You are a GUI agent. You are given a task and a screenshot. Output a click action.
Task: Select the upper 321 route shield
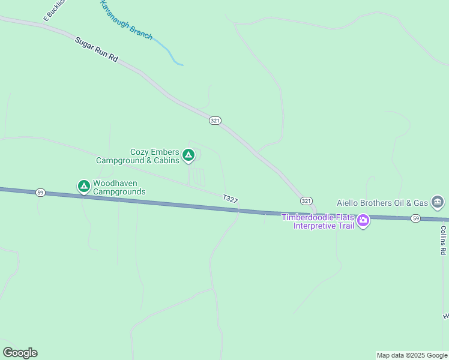(215, 121)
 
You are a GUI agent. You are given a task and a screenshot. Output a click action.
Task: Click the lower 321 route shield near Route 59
(306, 200)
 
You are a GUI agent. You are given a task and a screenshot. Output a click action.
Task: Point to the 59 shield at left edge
(40, 193)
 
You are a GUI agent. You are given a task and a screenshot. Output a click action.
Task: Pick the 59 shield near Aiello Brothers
(415, 218)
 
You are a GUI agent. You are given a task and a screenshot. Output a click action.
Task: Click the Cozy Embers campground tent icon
(188, 156)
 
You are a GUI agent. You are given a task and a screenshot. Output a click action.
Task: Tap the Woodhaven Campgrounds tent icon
(84, 187)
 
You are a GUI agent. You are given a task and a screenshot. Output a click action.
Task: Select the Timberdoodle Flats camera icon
(363, 221)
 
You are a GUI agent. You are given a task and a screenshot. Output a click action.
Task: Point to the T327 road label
(230, 198)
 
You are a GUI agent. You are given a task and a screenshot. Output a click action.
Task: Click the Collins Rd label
(443, 240)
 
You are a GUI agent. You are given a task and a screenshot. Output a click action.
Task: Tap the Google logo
(20, 353)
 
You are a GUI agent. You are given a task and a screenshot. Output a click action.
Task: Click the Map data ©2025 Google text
(412, 355)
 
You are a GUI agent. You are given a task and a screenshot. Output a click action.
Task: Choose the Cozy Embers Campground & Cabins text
(138, 157)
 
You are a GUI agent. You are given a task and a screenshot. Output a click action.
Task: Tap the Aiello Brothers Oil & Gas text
(382, 203)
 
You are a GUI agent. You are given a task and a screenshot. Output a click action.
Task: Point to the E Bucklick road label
(53, 12)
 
